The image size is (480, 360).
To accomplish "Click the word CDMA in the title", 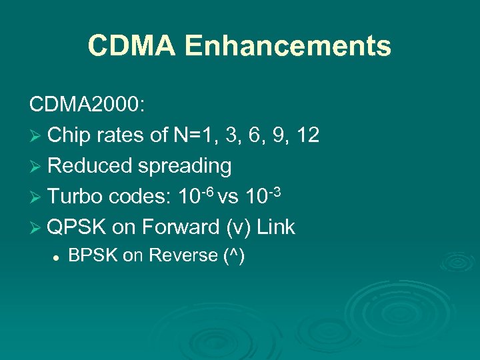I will pyautogui.click(x=131, y=46).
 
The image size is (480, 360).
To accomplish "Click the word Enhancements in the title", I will pyautogui.click(x=288, y=46).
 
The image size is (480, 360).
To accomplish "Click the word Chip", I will pyautogui.click(x=69, y=136).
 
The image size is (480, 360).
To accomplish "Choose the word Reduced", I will pyautogui.click(x=90, y=166).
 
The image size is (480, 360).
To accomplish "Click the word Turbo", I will pyautogui.click(x=76, y=197).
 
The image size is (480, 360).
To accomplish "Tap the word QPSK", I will pyautogui.click(x=77, y=227).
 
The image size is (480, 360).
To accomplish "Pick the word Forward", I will pyautogui.click(x=177, y=227).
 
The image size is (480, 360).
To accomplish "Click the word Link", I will pyautogui.click(x=275, y=227).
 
